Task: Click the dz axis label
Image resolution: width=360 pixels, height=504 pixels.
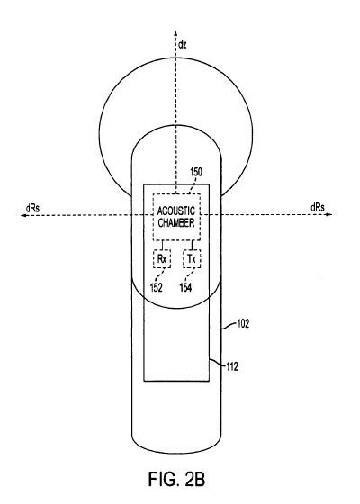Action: (x=182, y=45)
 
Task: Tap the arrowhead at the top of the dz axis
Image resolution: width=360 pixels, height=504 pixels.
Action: (x=175, y=32)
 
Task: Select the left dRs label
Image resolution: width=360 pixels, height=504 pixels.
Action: (x=32, y=208)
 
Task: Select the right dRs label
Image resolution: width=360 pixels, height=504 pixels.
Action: (x=318, y=208)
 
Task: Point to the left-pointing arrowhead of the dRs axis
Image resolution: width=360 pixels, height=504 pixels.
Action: (x=23, y=215)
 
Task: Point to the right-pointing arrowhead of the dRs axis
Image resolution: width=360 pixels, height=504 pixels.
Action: (x=329, y=214)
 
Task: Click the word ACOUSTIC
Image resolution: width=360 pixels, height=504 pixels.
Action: (x=176, y=211)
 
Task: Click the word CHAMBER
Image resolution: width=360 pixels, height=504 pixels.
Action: (x=176, y=223)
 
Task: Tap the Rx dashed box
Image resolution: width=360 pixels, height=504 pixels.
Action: (x=162, y=259)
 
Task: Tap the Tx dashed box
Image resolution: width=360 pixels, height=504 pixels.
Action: (x=192, y=259)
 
